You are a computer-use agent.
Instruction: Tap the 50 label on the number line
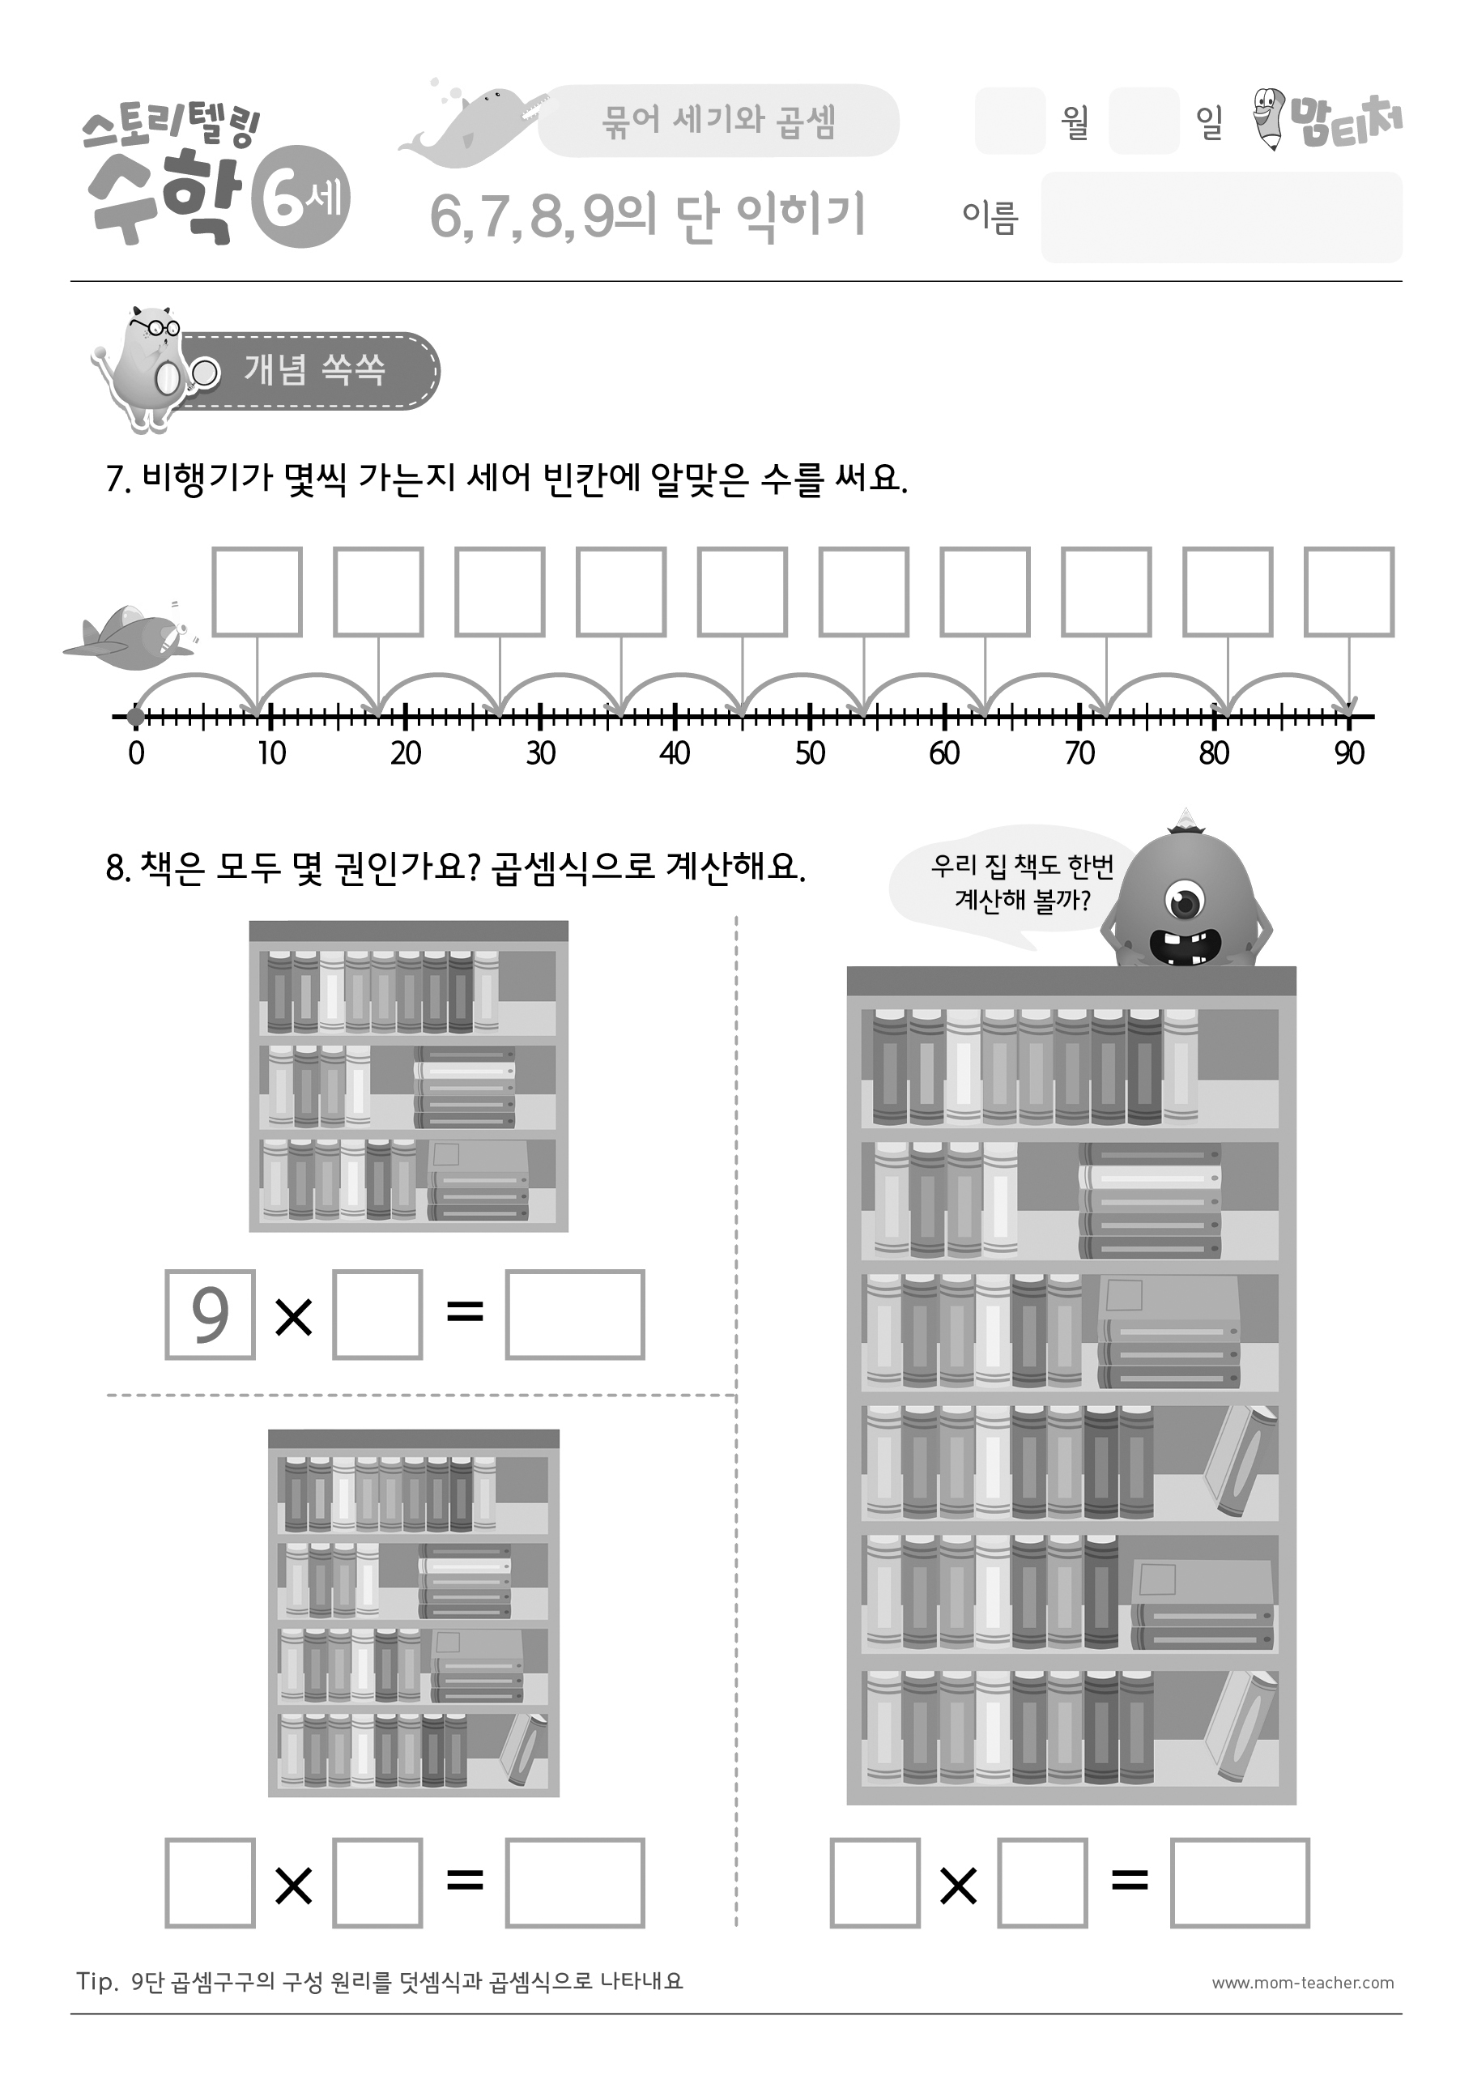[810, 752]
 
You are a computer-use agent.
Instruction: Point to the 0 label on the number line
[136, 752]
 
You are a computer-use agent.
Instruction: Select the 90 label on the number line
[1350, 752]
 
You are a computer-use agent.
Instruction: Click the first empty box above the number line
[257, 592]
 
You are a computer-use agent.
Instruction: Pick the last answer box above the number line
[1348, 592]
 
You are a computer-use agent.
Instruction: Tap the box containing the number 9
[210, 1315]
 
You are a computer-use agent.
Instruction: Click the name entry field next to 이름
[1222, 217]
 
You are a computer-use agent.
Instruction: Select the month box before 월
[1010, 121]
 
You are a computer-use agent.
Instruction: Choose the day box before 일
[1143, 121]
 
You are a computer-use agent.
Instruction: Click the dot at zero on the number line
[136, 717]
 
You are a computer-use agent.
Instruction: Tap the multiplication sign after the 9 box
[293, 1316]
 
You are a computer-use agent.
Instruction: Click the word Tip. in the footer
[97, 1981]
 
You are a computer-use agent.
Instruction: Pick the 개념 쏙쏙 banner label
[315, 370]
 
